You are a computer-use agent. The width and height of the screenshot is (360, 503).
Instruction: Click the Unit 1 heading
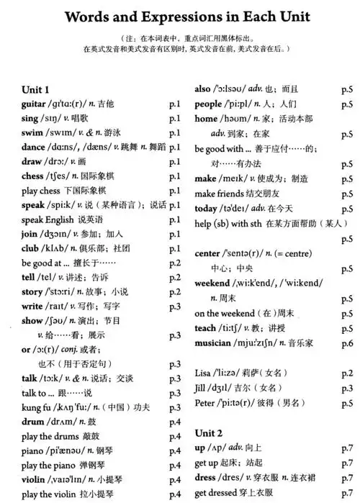(x=35, y=90)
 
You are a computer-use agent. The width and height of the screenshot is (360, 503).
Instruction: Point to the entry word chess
(x=33, y=176)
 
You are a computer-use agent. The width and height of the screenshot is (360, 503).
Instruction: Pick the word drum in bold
(x=33, y=421)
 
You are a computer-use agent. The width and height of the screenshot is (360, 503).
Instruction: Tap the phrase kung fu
(x=37, y=407)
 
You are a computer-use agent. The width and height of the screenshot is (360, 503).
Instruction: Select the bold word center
(x=210, y=253)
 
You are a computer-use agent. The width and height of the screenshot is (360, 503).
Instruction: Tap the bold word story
(x=32, y=291)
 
